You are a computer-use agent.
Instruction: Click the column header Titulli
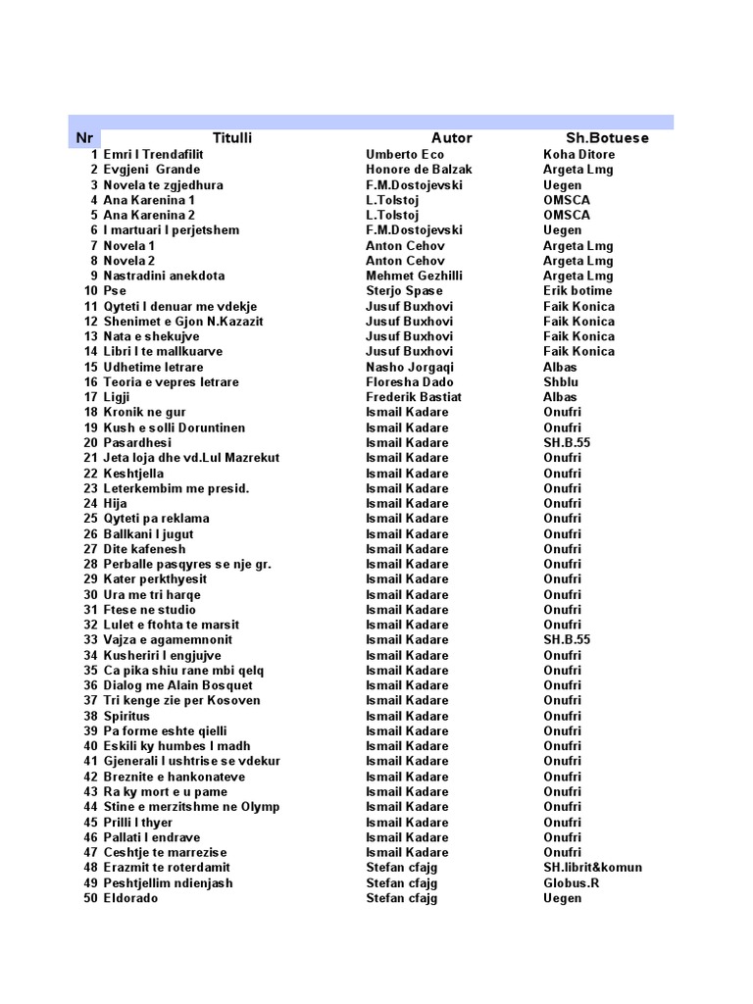[x=232, y=138]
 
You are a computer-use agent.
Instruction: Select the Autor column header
[x=451, y=138]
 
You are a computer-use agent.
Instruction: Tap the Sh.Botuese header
[x=607, y=138]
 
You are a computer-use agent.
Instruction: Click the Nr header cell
[x=84, y=138]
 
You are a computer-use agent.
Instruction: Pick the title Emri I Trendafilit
[x=154, y=155]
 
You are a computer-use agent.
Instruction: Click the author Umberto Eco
[x=404, y=155]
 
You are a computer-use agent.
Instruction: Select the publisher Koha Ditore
[x=579, y=155]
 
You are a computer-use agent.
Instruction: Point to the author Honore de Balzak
[x=419, y=170]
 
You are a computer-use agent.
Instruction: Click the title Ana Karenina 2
[x=149, y=215]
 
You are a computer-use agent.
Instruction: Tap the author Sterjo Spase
[x=404, y=291]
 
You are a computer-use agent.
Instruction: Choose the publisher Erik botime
[x=577, y=291]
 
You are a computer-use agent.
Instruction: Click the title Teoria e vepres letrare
[x=171, y=382]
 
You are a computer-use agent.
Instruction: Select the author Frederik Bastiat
[x=413, y=397]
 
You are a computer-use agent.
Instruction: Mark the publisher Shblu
[x=561, y=382]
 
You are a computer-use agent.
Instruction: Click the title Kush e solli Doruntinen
[x=175, y=427]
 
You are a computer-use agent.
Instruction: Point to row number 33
[x=90, y=640]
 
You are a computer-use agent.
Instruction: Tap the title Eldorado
[x=130, y=898]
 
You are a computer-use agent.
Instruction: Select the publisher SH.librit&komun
[x=592, y=868]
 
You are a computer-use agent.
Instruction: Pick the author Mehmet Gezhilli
[x=414, y=276]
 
